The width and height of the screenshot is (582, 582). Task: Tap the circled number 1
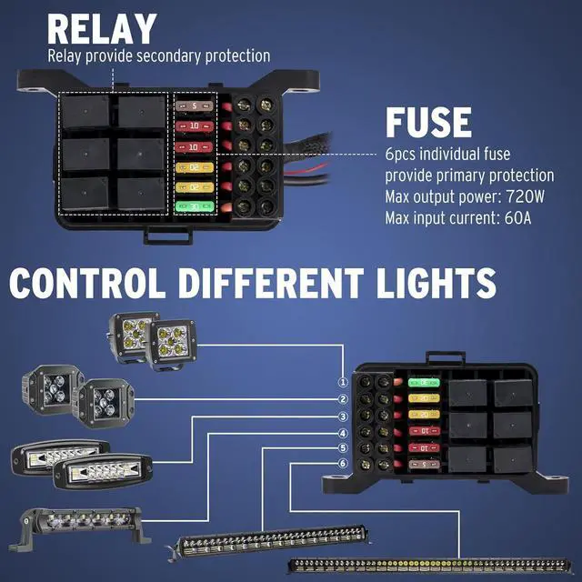pos(343,384)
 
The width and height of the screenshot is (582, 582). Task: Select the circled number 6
pos(343,464)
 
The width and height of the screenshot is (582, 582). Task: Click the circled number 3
pos(343,416)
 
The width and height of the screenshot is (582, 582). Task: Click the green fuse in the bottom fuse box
pos(421,384)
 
